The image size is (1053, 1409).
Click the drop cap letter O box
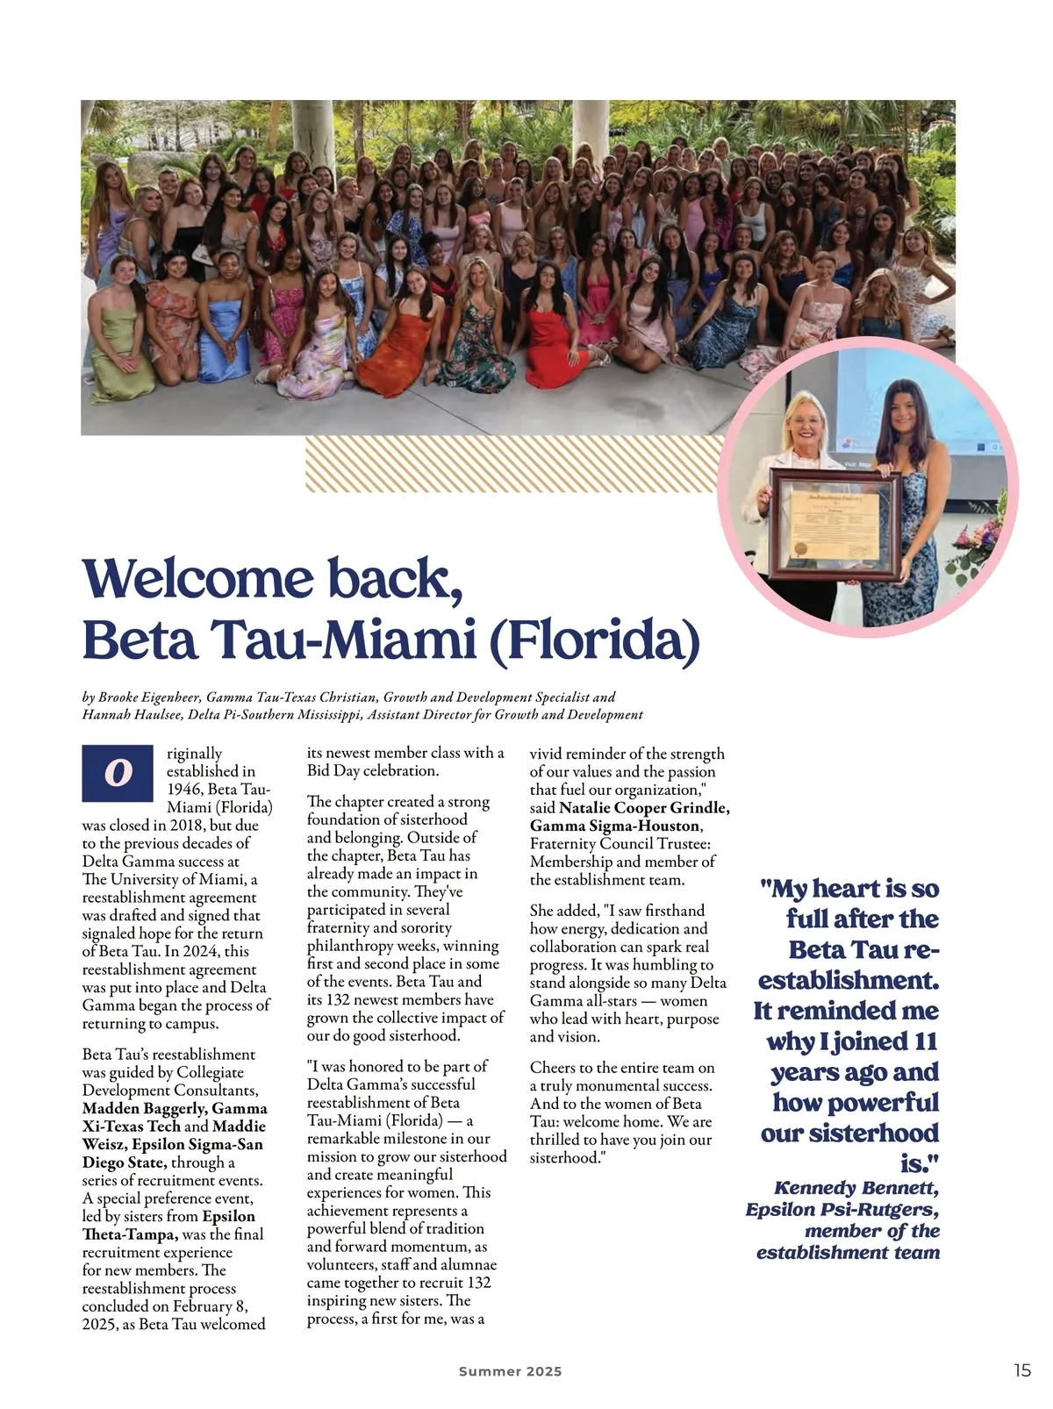click(118, 773)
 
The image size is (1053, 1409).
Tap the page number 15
click(1022, 1370)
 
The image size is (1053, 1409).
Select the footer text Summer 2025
click(510, 1371)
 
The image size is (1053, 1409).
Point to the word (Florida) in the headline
click(593, 641)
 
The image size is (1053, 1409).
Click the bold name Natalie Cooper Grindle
click(643, 807)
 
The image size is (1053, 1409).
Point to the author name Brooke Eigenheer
click(149, 697)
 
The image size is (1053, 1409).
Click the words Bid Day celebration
click(372, 771)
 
